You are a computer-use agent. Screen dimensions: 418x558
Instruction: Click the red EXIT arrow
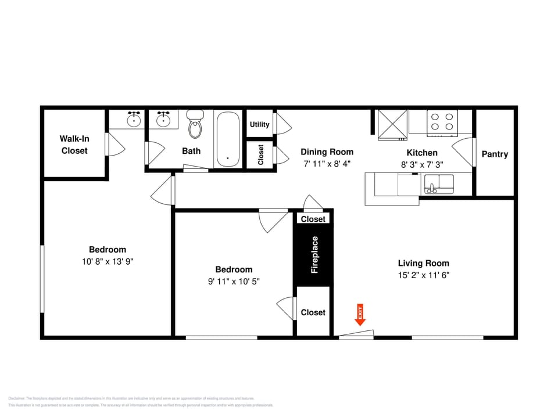[360, 315]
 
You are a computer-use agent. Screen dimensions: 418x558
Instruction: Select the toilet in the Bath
[196, 124]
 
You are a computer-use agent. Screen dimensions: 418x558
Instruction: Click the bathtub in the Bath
[228, 139]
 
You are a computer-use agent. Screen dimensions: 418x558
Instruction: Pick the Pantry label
[495, 154]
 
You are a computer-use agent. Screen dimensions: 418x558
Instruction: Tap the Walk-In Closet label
[74, 145]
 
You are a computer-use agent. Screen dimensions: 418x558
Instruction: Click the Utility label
[259, 124]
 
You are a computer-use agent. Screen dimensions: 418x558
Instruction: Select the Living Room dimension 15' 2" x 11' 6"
[424, 276]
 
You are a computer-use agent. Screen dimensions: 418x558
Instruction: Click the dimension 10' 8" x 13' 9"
[108, 262]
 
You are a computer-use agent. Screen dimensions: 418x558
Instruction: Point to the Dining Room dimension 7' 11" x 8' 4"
[327, 164]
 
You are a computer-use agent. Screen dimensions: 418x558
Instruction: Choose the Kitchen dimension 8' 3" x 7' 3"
[422, 165]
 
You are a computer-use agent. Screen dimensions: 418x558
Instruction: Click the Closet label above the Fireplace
[313, 219]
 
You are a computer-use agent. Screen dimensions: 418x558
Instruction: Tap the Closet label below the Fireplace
[313, 312]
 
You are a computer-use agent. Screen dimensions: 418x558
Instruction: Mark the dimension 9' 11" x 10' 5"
[234, 282]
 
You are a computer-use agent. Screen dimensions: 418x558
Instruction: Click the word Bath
[191, 151]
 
